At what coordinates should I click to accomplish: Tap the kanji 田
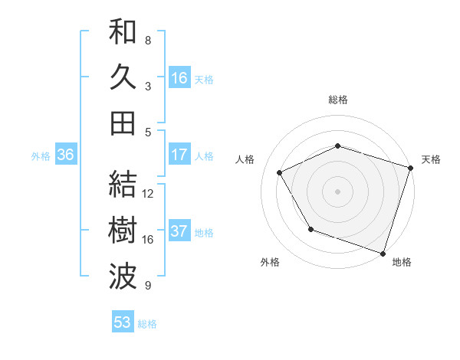tap(123, 123)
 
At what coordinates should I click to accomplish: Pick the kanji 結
tap(123, 184)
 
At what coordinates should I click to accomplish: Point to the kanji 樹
tap(123, 230)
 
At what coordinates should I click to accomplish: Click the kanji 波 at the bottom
tap(123, 277)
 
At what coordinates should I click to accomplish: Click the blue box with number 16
tap(179, 77)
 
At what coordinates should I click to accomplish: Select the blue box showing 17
tap(179, 155)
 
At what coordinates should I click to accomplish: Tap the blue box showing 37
tap(179, 231)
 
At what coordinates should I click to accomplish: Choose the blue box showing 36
tap(65, 155)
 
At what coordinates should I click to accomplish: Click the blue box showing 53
tap(123, 322)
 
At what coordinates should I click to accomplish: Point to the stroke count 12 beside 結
tap(148, 194)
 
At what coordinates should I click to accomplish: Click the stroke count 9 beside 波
tap(148, 286)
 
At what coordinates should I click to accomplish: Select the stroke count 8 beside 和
tap(148, 40)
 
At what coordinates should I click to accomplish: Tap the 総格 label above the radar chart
tap(338, 100)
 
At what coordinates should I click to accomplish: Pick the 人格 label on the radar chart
tap(245, 159)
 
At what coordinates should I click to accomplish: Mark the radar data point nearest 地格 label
tap(383, 252)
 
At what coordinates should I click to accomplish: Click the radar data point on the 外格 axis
tap(310, 229)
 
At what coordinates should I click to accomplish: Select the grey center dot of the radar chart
tap(338, 191)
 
